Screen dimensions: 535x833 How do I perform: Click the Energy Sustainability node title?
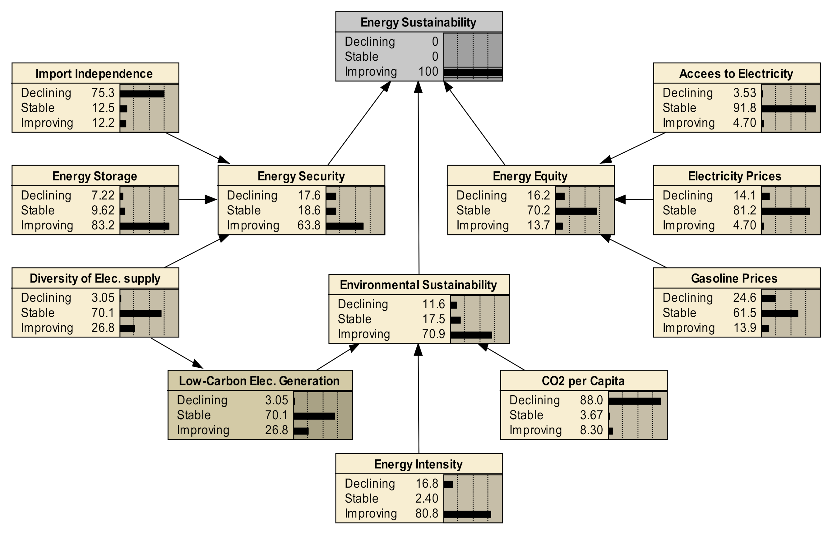(x=418, y=23)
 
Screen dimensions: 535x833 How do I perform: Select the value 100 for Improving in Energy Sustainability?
(x=428, y=72)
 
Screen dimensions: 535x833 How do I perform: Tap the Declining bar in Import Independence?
(x=142, y=94)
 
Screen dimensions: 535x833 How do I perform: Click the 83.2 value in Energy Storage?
(x=103, y=225)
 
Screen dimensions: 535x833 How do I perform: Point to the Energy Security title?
(x=301, y=176)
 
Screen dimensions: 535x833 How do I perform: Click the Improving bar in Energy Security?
(x=345, y=226)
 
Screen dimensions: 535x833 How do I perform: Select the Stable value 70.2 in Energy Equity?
(x=538, y=210)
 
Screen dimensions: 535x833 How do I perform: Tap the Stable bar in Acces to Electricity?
(x=788, y=109)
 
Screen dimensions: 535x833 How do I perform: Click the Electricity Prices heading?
(x=734, y=176)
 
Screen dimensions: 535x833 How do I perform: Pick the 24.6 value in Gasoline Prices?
(x=744, y=298)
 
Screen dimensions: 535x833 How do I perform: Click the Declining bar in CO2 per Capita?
(x=634, y=401)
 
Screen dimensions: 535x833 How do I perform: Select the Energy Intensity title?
(x=418, y=464)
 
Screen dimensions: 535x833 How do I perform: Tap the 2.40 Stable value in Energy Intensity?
(x=427, y=499)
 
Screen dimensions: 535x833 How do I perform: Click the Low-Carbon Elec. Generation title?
(x=259, y=381)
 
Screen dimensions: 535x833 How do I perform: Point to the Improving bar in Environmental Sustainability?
(x=471, y=335)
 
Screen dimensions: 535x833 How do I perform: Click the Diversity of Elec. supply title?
(x=95, y=279)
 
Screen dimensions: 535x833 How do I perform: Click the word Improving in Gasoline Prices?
(x=688, y=328)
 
